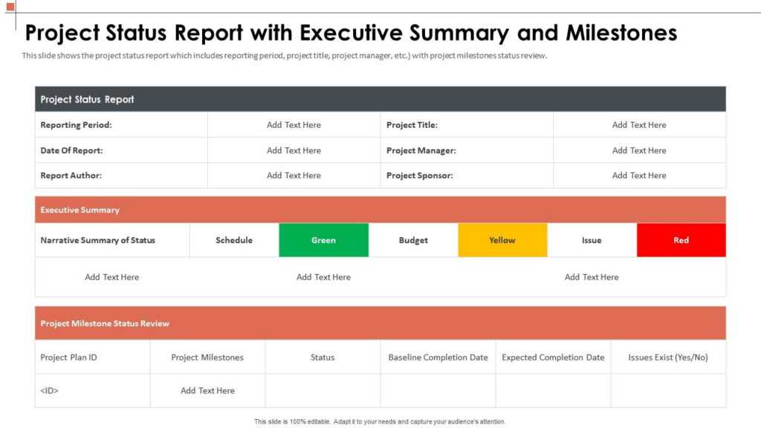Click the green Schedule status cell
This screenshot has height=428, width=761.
pyautogui.click(x=323, y=240)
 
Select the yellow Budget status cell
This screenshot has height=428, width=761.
pyautogui.click(x=502, y=240)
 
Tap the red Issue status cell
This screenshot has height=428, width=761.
pyautogui.click(x=681, y=240)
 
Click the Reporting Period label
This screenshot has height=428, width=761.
pyautogui.click(x=76, y=125)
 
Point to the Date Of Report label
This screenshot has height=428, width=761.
pyautogui.click(x=71, y=150)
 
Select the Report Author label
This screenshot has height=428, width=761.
pyautogui.click(x=71, y=175)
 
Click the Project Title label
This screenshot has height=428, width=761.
pyautogui.click(x=412, y=125)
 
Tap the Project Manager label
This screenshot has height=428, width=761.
pyautogui.click(x=421, y=150)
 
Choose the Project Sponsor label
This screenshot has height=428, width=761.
pyautogui.click(x=419, y=175)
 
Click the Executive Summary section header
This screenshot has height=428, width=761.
pyautogui.click(x=80, y=210)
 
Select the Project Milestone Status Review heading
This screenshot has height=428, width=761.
pyautogui.click(x=105, y=323)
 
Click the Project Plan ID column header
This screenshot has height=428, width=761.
pyautogui.click(x=68, y=357)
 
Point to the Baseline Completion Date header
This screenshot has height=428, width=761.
pyautogui.click(x=438, y=357)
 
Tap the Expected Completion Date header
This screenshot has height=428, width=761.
pyautogui.click(x=553, y=357)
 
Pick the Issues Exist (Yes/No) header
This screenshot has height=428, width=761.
pyautogui.click(x=668, y=357)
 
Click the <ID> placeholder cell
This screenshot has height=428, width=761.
pyautogui.click(x=49, y=391)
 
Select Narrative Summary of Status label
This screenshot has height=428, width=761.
pyautogui.click(x=97, y=240)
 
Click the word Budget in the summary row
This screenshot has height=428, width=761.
pyautogui.click(x=413, y=240)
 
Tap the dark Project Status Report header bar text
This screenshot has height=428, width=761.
pyautogui.click(x=87, y=100)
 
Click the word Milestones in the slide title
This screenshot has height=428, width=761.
pyautogui.click(x=621, y=33)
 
